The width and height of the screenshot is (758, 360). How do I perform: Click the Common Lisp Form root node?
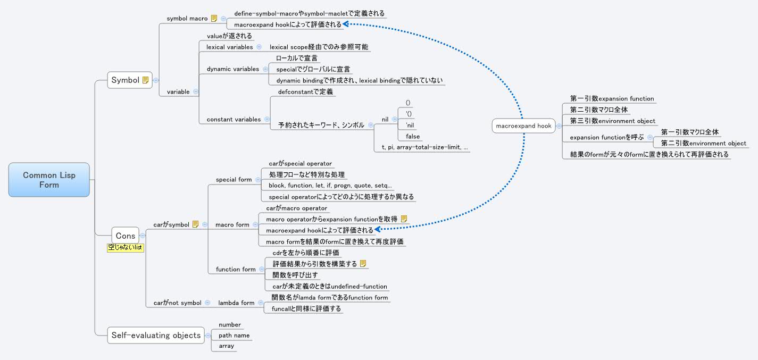[x=49, y=180]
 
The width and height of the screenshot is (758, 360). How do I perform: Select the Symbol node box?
[x=130, y=80]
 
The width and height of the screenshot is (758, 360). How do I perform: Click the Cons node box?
[x=126, y=235]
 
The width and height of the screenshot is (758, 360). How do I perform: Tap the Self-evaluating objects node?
[x=156, y=335]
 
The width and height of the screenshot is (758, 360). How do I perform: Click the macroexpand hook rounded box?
[x=523, y=126]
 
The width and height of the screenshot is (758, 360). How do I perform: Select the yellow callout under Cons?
[x=126, y=248]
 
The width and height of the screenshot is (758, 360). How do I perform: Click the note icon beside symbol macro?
[x=214, y=18]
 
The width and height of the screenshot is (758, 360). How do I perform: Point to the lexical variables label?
[x=230, y=47]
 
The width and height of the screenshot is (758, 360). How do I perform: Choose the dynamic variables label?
[x=232, y=69]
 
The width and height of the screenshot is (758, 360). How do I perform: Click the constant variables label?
[x=234, y=120]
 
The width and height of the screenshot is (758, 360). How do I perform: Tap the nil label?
[x=385, y=120]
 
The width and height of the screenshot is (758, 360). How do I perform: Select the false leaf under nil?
[x=412, y=137]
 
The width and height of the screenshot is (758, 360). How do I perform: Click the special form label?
[x=234, y=180]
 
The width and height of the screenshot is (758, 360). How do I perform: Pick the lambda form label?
[x=236, y=303]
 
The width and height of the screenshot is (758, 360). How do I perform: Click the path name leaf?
[x=234, y=336]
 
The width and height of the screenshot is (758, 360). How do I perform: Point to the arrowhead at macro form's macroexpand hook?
[x=378, y=229]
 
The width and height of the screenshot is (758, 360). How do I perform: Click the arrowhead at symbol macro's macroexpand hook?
[x=346, y=24]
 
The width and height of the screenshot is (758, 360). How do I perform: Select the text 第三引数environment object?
[x=612, y=121]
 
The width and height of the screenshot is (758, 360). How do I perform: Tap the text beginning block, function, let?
[x=330, y=186]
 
